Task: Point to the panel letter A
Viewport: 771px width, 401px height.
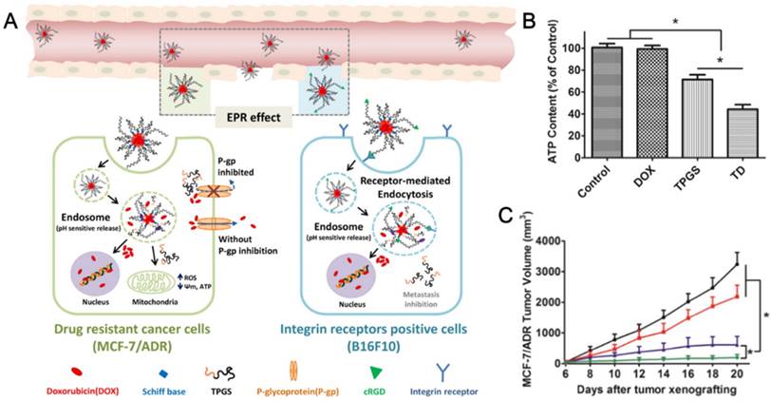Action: [10, 17]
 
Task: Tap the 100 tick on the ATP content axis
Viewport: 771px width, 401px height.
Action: [577, 48]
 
